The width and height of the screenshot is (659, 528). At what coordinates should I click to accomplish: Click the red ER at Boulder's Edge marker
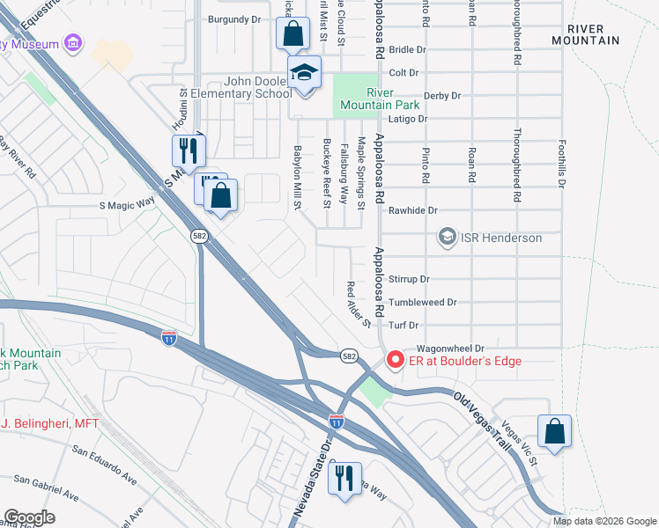point(395,361)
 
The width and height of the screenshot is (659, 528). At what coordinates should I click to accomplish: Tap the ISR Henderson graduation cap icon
point(447,238)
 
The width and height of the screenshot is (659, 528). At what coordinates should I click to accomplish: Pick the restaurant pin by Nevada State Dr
point(344,479)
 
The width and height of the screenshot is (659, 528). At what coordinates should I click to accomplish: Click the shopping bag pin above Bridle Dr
point(292,35)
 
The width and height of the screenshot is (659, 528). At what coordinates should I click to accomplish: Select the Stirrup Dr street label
point(410,279)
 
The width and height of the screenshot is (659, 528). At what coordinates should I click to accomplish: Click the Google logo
point(29,517)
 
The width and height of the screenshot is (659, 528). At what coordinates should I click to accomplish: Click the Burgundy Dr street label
point(234,18)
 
